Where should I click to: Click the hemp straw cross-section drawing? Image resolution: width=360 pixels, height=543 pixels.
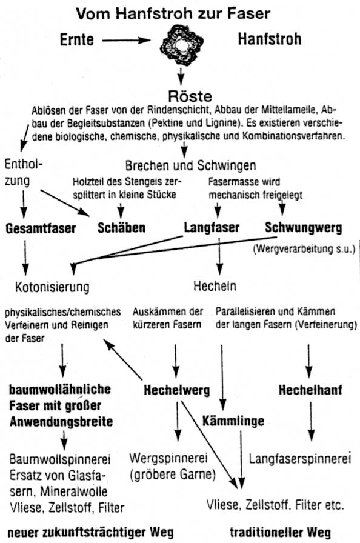(x=181, y=46)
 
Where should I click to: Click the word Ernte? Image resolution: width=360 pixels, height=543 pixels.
(x=77, y=39)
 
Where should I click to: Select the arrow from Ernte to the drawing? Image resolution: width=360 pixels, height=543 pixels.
(x=126, y=41)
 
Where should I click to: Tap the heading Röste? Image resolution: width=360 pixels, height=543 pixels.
(x=190, y=96)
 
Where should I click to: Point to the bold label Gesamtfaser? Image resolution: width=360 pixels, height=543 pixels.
(x=41, y=228)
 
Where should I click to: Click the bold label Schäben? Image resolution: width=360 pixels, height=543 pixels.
(x=121, y=227)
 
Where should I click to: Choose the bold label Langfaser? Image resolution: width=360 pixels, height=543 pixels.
(x=212, y=227)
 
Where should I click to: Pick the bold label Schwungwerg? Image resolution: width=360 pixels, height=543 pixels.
(x=304, y=227)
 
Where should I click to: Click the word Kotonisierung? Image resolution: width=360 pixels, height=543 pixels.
(x=52, y=287)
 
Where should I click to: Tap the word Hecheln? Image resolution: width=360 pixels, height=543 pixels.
(x=215, y=286)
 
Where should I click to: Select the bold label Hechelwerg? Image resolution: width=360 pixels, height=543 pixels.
(x=177, y=390)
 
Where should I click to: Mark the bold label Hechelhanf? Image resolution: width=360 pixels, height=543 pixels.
(x=310, y=390)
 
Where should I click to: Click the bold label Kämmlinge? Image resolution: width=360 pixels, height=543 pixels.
(x=233, y=421)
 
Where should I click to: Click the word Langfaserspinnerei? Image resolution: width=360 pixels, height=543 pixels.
(x=300, y=459)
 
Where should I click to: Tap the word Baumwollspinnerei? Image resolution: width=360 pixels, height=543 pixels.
(x=60, y=459)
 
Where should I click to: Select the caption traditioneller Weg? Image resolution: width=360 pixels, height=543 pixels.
(x=281, y=532)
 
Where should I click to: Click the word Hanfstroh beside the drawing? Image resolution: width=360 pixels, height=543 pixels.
(x=269, y=39)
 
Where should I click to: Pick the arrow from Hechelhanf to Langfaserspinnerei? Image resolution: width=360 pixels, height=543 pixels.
(x=311, y=421)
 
